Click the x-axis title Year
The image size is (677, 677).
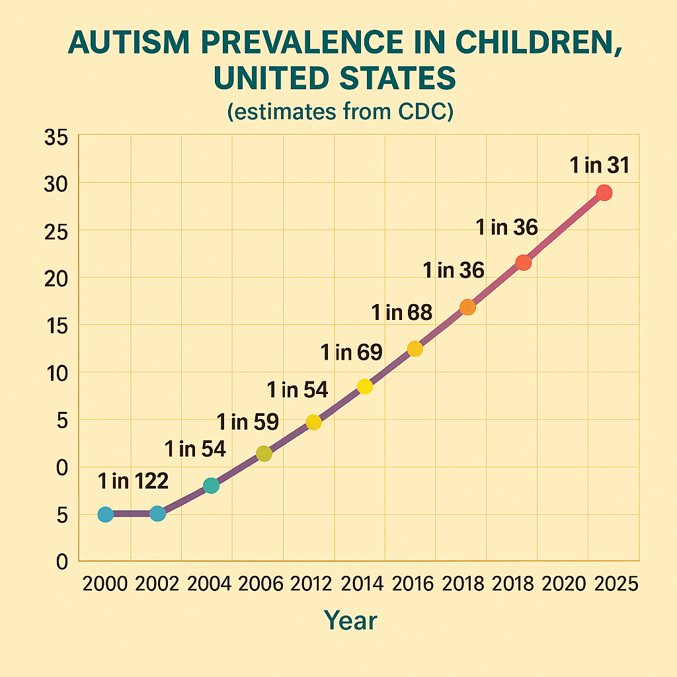click(350, 620)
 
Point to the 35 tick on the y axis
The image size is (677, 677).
click(56, 138)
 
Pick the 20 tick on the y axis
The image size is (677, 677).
click(56, 278)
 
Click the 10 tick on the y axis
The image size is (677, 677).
click(56, 373)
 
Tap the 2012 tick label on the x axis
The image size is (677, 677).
click(312, 584)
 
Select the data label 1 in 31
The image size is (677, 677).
click(599, 165)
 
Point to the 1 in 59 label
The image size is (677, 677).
click(248, 421)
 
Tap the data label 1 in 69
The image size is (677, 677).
click(351, 352)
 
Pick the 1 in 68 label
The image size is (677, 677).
click(402, 312)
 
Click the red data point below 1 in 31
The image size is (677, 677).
click(604, 193)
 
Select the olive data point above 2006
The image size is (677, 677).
click(264, 454)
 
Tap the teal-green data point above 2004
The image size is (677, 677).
click(211, 486)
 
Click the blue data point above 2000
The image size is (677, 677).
click(106, 514)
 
